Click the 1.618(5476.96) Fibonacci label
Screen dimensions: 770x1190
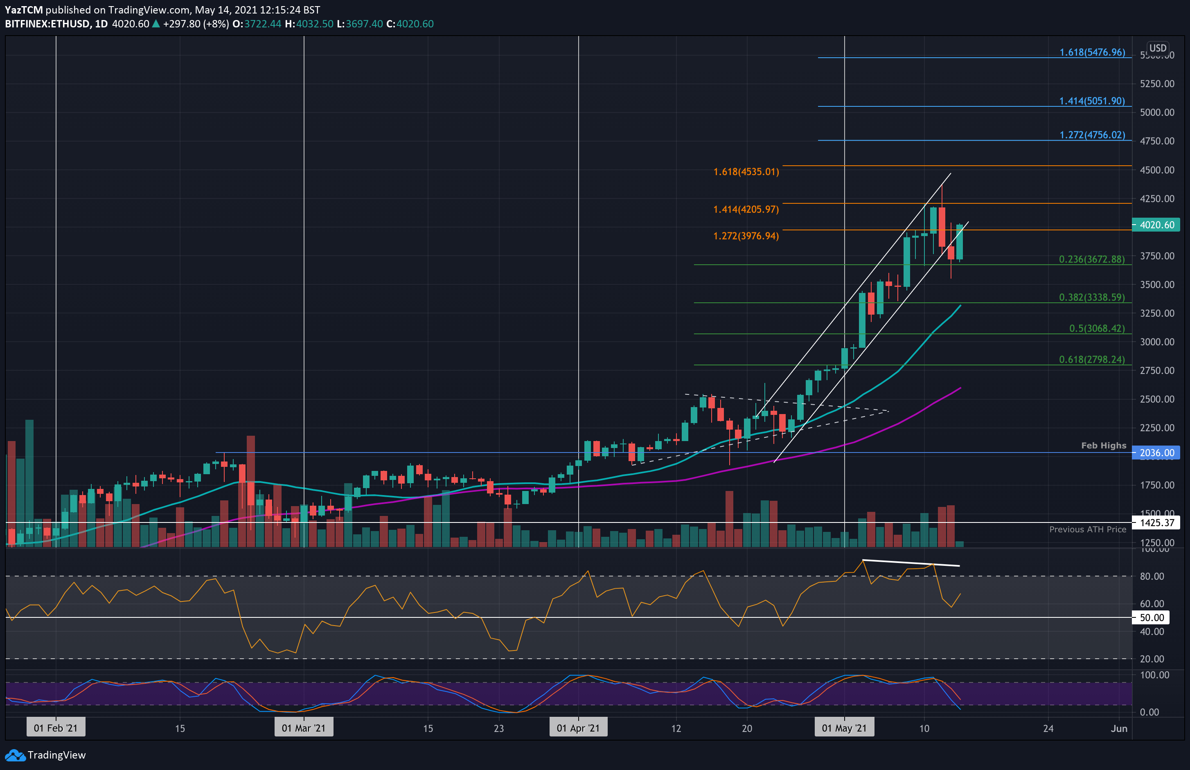coord(1092,52)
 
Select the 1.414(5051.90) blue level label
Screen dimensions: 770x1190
coord(1092,101)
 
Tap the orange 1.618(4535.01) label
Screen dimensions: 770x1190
coord(746,172)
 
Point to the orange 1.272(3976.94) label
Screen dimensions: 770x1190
coord(746,236)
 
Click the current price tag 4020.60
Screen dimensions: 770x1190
coord(1156,225)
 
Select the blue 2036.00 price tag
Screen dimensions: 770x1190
coord(1156,453)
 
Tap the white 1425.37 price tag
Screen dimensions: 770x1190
coord(1156,523)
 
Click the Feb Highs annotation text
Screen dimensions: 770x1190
coord(1104,446)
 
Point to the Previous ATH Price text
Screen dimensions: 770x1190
coord(1088,529)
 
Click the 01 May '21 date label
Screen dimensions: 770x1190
coord(844,728)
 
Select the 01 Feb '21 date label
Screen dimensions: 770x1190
coord(56,728)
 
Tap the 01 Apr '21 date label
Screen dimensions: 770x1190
coord(578,728)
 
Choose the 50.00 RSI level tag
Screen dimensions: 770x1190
coord(1152,617)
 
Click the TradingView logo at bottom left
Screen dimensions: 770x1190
coord(45,755)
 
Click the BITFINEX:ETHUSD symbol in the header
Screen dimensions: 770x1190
coord(47,24)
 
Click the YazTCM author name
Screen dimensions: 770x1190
coord(23,10)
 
